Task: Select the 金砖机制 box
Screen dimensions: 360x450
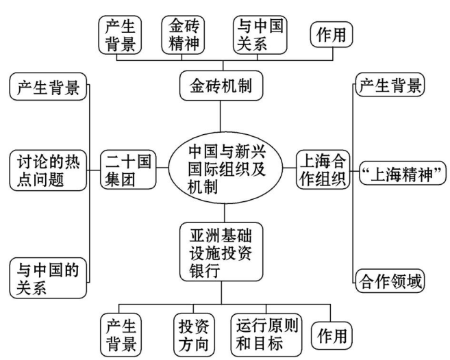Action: pyautogui.click(x=222, y=88)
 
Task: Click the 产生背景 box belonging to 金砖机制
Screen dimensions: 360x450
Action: pyautogui.click(x=121, y=35)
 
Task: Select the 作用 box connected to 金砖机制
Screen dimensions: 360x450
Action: pyautogui.click(x=332, y=34)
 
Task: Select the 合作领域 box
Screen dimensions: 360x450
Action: pyautogui.click(x=389, y=279)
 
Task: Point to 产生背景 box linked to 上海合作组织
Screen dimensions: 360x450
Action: pyautogui.click(x=389, y=88)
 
